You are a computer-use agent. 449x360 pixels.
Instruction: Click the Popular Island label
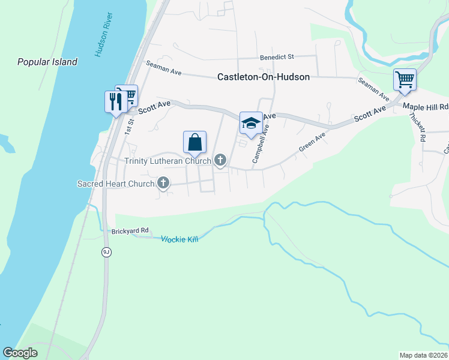pyautogui.click(x=47, y=62)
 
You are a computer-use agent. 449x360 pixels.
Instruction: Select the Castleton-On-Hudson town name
pyautogui.click(x=264, y=77)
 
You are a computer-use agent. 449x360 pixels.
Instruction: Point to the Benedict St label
pyautogui.click(x=276, y=58)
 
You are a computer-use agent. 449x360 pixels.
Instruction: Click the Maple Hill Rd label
pyautogui.click(x=426, y=107)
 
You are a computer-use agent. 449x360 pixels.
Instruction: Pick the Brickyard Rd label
pyautogui.click(x=130, y=231)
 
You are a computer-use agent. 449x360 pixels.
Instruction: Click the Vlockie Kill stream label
pyautogui.click(x=179, y=239)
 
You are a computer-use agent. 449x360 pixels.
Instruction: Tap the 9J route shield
pyautogui.click(x=106, y=252)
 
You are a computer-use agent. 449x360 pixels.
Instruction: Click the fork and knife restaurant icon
pyautogui.click(x=114, y=101)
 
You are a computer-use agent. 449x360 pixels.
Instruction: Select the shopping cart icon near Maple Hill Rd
pyautogui.click(x=405, y=79)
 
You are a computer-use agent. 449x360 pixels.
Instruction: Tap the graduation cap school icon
pyautogui.click(x=251, y=123)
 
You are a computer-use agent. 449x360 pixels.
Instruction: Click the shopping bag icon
pyautogui.click(x=194, y=142)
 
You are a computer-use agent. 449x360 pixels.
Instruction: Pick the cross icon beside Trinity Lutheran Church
pyautogui.click(x=220, y=160)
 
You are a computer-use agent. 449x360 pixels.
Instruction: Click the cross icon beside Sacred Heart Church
pyautogui.click(x=163, y=184)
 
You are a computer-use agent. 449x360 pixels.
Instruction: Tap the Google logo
pyautogui.click(x=20, y=353)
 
